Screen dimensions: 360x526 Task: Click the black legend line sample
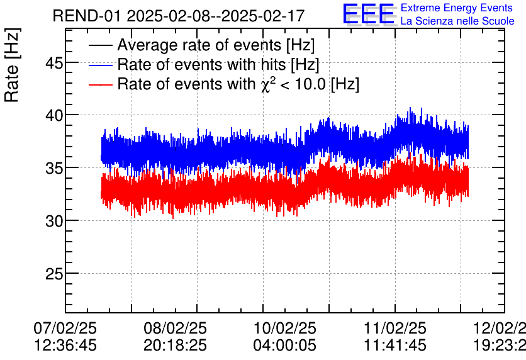coord(101,46)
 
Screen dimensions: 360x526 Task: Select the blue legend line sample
coord(101,65)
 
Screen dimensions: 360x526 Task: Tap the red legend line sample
coord(101,84)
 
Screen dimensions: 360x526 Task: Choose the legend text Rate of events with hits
coord(201,65)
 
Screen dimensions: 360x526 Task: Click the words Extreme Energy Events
coord(456,8)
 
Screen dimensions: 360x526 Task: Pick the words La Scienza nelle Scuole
coord(457,21)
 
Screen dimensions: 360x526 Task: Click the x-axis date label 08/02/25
coord(175,329)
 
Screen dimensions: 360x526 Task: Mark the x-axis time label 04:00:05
coord(285,345)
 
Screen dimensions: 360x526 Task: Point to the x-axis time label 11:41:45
coord(395,345)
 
